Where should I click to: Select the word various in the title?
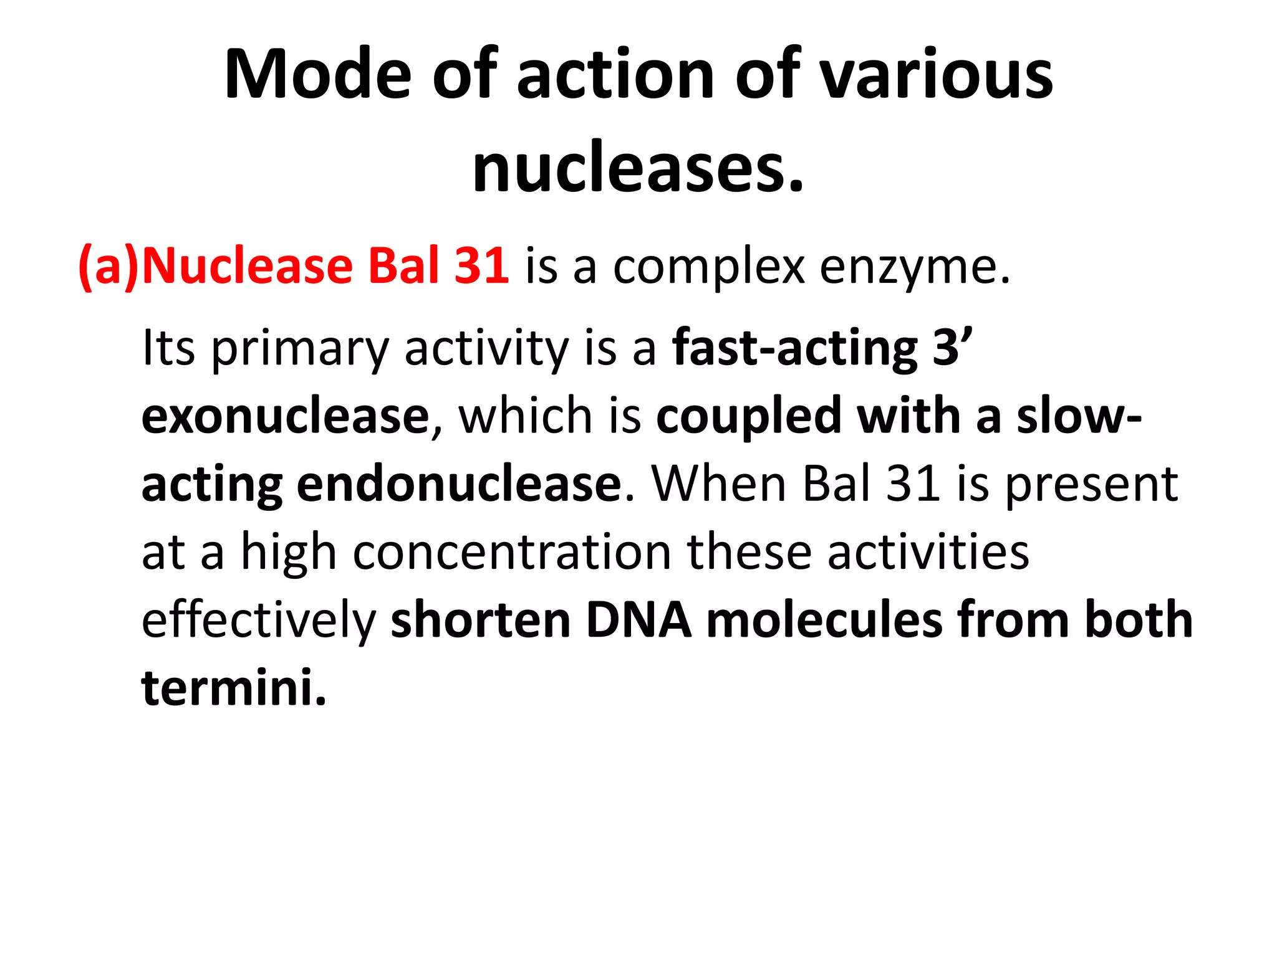point(935,75)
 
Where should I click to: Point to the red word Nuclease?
point(248,267)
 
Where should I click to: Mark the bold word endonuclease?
point(459,484)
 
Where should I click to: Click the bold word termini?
point(234,688)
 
